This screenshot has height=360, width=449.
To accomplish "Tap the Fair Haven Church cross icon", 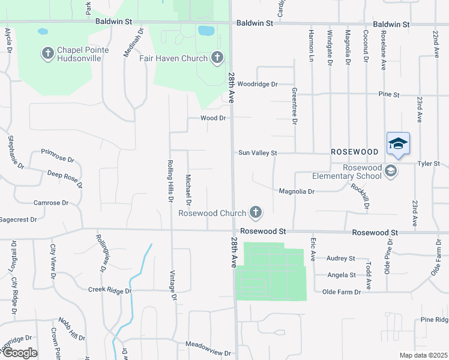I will tap(217, 58).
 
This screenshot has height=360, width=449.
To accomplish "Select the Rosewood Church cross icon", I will tap(256, 212).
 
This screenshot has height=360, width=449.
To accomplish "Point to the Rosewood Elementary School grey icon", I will tap(391, 171).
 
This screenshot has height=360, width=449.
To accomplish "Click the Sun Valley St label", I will tap(258, 153).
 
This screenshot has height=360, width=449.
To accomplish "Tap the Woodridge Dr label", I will tap(258, 84).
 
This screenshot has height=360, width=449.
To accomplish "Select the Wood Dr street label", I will tap(212, 118).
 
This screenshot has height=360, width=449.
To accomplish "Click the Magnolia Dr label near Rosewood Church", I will tap(297, 191).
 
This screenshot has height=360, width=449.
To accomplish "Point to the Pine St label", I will tap(389, 95).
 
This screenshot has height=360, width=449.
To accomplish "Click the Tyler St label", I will tap(429, 163).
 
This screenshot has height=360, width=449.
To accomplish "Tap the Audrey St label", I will tap(340, 258).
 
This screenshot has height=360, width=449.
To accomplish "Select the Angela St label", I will tap(342, 275).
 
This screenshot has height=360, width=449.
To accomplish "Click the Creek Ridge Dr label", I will tap(109, 290).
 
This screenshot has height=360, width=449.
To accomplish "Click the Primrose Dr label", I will tap(57, 160).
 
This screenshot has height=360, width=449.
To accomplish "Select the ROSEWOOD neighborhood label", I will tap(354, 152).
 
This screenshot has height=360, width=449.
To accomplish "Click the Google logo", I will tap(19, 352).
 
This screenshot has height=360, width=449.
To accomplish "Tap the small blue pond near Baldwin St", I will tap(206, 30).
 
